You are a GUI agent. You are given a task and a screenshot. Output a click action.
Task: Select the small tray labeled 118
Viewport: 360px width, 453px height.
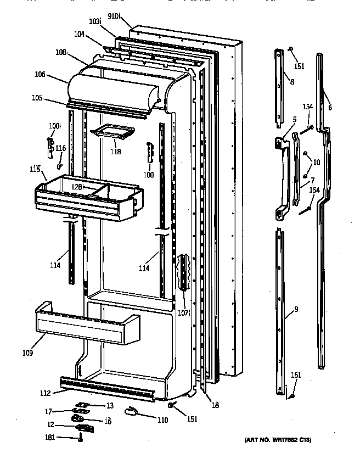click(114, 132)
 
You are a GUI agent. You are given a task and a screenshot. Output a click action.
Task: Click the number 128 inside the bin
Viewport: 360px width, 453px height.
click(77, 187)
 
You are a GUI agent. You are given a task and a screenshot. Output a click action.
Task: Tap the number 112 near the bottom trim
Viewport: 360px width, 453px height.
click(46, 393)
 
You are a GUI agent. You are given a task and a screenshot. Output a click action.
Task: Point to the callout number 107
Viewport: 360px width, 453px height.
click(183, 314)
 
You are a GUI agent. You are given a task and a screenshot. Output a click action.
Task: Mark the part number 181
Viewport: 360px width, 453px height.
click(49, 438)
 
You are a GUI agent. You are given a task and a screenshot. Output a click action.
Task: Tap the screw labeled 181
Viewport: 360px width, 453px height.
click(81, 438)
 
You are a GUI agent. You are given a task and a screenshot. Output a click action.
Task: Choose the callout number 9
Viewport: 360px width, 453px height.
click(296, 309)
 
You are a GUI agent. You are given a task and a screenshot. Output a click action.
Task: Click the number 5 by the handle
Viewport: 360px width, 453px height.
click(294, 119)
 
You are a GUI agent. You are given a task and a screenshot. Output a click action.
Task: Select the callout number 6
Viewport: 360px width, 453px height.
click(330, 108)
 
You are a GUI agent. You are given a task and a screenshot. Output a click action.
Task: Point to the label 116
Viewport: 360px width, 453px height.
click(60, 148)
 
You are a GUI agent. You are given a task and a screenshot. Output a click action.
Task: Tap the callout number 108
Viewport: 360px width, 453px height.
click(61, 53)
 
